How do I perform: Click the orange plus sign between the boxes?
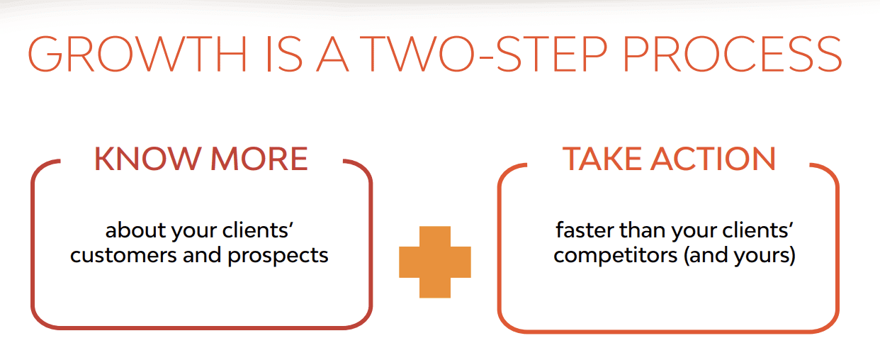click(x=435, y=261)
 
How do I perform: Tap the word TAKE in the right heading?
click(x=601, y=159)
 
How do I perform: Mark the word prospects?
click(x=278, y=256)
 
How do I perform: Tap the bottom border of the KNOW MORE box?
click(x=202, y=327)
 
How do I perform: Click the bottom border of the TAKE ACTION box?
click(x=668, y=331)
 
